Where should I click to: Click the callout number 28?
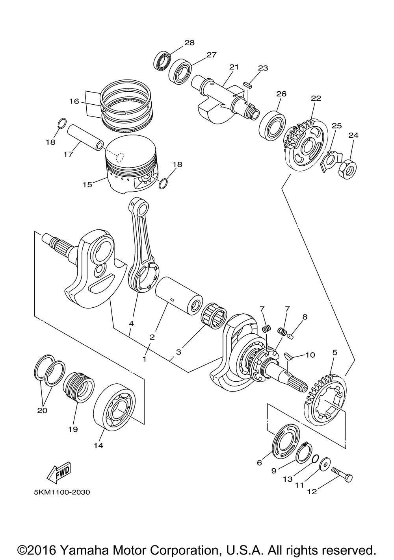click(190, 43)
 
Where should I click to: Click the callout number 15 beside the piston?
click(87, 185)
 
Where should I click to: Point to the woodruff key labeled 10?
click(289, 355)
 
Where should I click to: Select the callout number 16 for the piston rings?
click(74, 101)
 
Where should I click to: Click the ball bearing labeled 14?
click(114, 407)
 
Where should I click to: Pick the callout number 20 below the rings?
click(42, 410)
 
